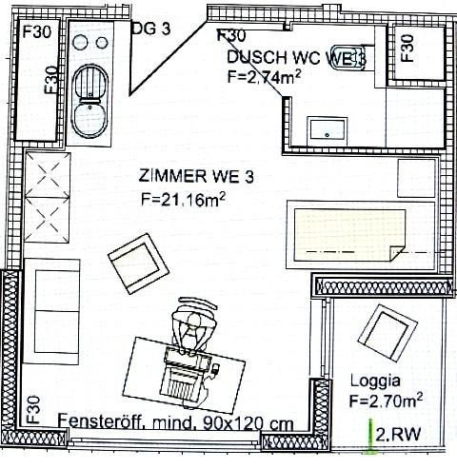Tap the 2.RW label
[398, 437]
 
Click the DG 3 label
[150, 29]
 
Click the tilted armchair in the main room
[136, 264]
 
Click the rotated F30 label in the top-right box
[407, 47]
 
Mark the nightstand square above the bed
[416, 178]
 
